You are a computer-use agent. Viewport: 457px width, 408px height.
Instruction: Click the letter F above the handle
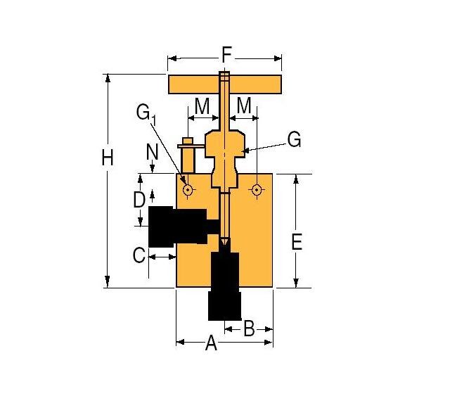coord(226,54)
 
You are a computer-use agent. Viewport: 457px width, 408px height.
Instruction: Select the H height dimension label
coord(107,158)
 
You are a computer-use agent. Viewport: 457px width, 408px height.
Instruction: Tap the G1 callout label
coord(146,113)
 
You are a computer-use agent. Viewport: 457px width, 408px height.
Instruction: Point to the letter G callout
coord(294,140)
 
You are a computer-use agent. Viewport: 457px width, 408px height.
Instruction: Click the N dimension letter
coord(152,151)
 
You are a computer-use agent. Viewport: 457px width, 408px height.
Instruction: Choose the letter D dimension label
coord(140,200)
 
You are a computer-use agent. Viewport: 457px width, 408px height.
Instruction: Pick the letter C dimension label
coord(139,255)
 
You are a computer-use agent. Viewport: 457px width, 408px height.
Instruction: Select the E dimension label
coord(296,243)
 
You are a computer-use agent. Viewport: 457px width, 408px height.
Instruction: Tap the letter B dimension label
coord(249,328)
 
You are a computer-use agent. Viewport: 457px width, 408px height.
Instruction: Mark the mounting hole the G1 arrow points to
coord(188,189)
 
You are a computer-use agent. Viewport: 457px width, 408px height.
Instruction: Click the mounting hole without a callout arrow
coord(257,189)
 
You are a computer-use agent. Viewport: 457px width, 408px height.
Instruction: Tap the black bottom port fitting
coord(226,285)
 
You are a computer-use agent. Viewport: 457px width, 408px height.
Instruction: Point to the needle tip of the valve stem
coord(224,243)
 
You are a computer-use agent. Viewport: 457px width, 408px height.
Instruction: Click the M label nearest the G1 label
coord(202,106)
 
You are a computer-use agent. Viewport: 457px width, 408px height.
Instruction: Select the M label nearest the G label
coord(245,106)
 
